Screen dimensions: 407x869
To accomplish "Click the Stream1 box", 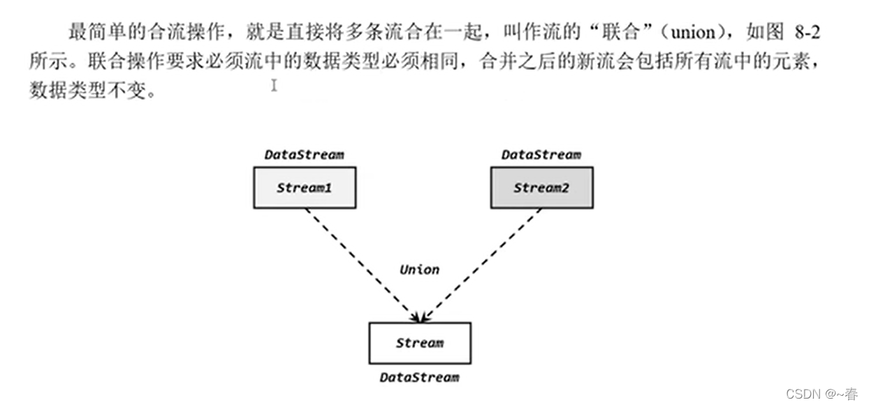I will pyautogui.click(x=304, y=188).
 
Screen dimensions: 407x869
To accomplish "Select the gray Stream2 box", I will pyautogui.click(x=541, y=188).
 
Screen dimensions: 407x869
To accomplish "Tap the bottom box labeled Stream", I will pyautogui.click(x=419, y=343).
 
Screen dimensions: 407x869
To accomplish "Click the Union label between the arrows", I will pyautogui.click(x=419, y=269).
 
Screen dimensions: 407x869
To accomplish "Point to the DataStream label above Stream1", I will pyautogui.click(x=304, y=154).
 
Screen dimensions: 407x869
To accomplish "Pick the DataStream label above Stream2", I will pyautogui.click(x=541, y=154).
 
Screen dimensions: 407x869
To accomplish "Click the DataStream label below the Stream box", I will pyautogui.click(x=419, y=377).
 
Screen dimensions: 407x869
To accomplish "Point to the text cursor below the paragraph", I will pyautogui.click(x=275, y=85).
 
